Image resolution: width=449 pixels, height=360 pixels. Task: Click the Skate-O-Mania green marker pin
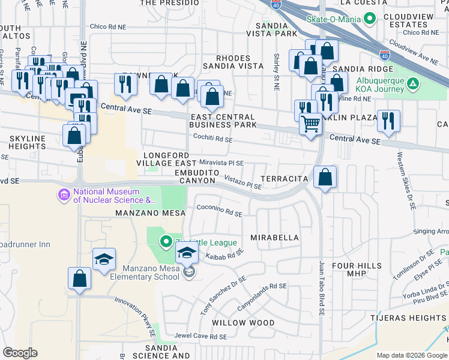pos(370,19)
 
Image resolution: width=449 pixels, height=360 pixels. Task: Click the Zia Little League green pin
pos(167,242)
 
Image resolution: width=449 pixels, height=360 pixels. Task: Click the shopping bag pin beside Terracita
pos(325,177)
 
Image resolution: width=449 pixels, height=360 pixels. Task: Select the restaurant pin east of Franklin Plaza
pos(389,121)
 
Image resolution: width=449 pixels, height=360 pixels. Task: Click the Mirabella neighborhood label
pos(274,238)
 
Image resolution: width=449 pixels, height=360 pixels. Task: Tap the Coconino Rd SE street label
pos(219,211)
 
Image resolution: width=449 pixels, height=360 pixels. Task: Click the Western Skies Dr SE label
pos(405,180)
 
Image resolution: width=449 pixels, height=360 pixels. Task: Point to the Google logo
pos(20,352)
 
